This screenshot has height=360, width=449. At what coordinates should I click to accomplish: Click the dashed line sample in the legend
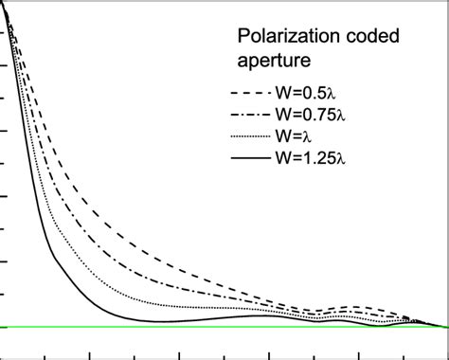click(x=247, y=95)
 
